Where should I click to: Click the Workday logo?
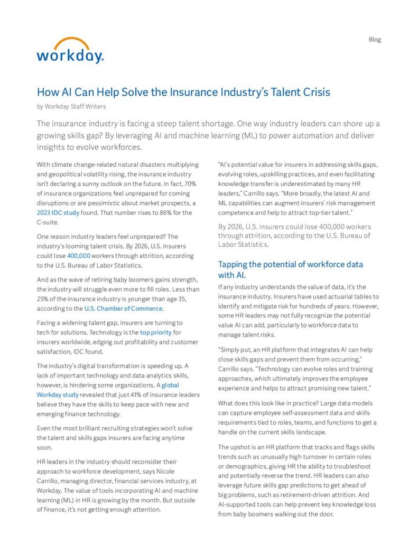click(70, 51)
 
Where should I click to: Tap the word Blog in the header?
click(374, 40)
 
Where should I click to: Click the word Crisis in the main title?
click(314, 92)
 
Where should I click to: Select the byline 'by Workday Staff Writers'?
click(71, 106)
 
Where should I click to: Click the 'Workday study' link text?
click(58, 394)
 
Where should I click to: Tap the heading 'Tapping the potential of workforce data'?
click(290, 264)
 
